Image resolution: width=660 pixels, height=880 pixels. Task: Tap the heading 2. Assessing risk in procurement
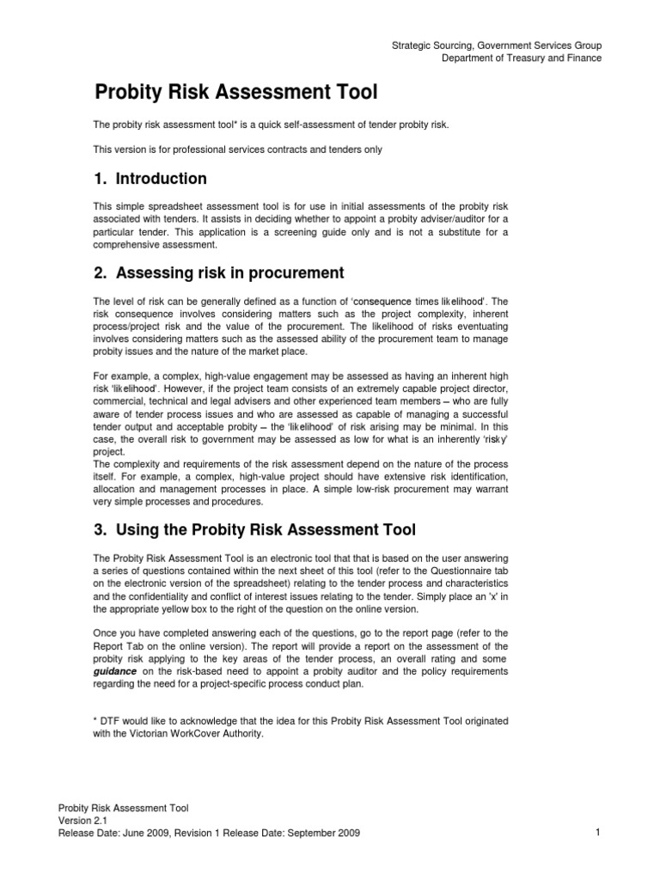pos(218,273)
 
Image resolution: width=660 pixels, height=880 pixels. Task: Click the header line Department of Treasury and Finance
pos(522,58)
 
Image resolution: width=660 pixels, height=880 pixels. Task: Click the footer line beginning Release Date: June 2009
pos(208,834)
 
